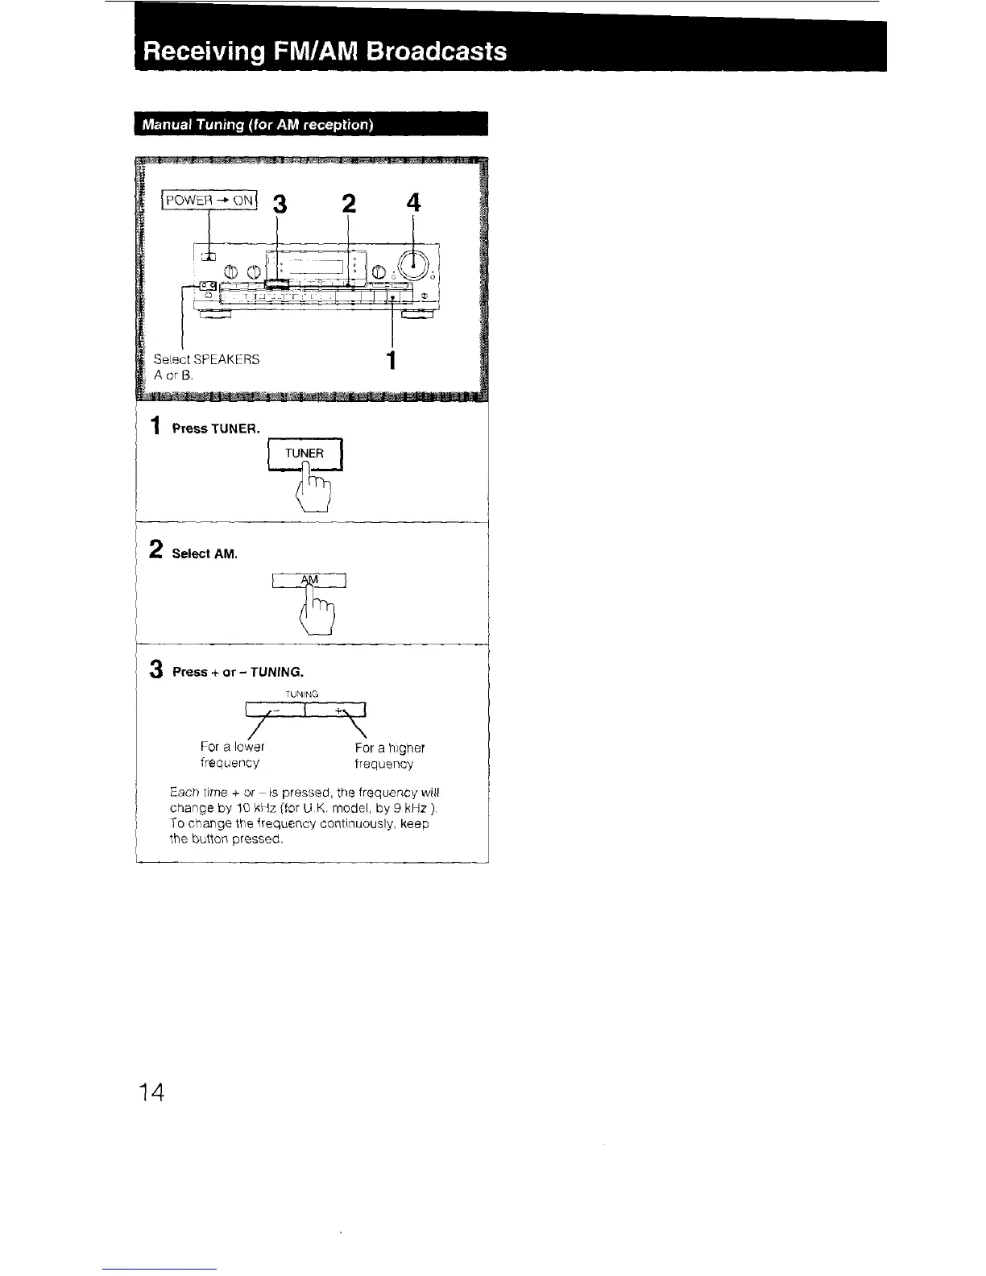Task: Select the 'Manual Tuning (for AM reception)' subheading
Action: point(258,126)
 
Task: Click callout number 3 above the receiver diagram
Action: point(279,205)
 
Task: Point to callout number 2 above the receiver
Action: point(348,204)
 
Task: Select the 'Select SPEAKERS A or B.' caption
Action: point(207,367)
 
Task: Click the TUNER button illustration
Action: point(304,454)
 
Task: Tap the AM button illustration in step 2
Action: point(310,580)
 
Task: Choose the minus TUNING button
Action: point(275,709)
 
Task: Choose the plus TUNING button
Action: point(337,709)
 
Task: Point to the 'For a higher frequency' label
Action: point(384,756)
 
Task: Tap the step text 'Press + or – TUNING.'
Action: point(238,672)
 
